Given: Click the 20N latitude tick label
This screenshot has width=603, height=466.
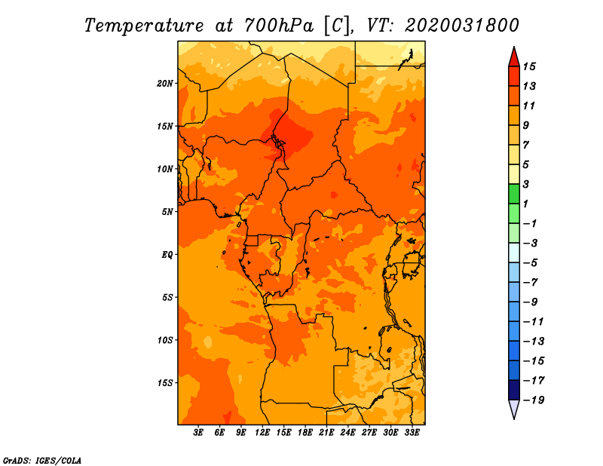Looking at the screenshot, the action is [x=165, y=84].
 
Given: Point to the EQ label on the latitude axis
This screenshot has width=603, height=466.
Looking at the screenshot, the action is [x=167, y=255].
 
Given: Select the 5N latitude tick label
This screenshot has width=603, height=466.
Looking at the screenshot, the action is [x=167, y=212].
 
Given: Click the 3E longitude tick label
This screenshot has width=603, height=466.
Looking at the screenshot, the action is [x=198, y=433].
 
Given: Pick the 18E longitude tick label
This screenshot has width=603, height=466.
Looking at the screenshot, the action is [x=305, y=433].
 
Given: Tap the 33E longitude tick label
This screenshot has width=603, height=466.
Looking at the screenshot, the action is [x=412, y=433].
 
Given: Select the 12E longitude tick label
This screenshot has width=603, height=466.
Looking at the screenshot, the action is [x=262, y=433].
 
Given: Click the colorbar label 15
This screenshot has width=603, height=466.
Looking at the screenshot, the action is [x=529, y=66].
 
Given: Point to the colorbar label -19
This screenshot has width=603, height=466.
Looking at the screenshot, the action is [x=534, y=400].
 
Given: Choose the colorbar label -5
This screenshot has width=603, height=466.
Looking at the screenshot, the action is [x=531, y=263].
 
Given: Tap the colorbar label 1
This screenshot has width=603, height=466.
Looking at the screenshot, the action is [x=525, y=204].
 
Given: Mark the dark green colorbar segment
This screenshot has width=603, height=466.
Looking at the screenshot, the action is [x=514, y=194].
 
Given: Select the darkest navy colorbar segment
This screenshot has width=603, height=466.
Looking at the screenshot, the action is [x=514, y=390].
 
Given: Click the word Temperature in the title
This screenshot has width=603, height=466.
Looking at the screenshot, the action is [x=144, y=26].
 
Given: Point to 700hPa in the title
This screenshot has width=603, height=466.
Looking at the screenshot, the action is [x=278, y=26].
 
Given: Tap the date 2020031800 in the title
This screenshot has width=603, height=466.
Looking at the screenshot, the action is [x=462, y=26].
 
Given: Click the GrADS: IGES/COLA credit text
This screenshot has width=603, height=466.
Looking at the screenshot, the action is [x=42, y=460].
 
